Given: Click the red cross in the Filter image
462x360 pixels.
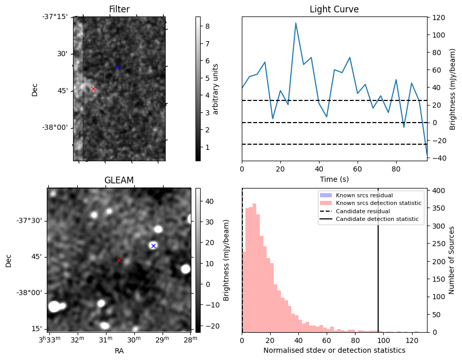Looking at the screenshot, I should click(x=93, y=89).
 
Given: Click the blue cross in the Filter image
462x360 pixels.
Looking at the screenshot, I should click(x=118, y=67).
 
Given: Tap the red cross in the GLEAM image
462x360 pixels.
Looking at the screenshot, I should click(x=119, y=261).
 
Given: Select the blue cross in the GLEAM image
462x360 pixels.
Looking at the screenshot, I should click(x=153, y=246).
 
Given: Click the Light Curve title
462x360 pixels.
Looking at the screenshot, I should click(x=334, y=9).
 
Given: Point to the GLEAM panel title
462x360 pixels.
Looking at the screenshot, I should click(x=119, y=180).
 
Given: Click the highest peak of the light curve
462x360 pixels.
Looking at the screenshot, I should click(x=296, y=23).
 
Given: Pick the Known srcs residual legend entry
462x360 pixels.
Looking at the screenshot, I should click(x=364, y=195).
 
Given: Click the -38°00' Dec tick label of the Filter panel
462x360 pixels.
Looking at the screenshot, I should click(x=55, y=128).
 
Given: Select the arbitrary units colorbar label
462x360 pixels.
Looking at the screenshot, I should click(x=216, y=89).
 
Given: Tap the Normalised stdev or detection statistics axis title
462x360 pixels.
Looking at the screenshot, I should click(x=334, y=350).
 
